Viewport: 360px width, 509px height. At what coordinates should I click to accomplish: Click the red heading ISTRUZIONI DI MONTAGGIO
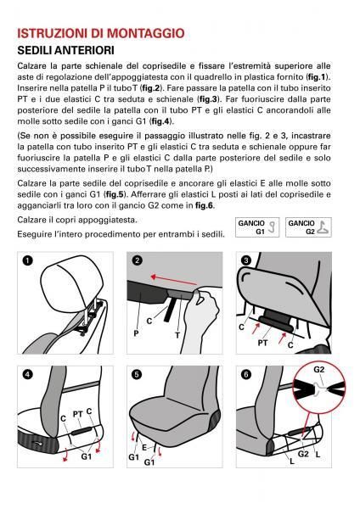point(100,34)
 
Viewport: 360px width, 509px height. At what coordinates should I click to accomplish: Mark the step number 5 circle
point(136,374)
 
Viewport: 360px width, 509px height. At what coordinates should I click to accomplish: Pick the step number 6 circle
point(246,374)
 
